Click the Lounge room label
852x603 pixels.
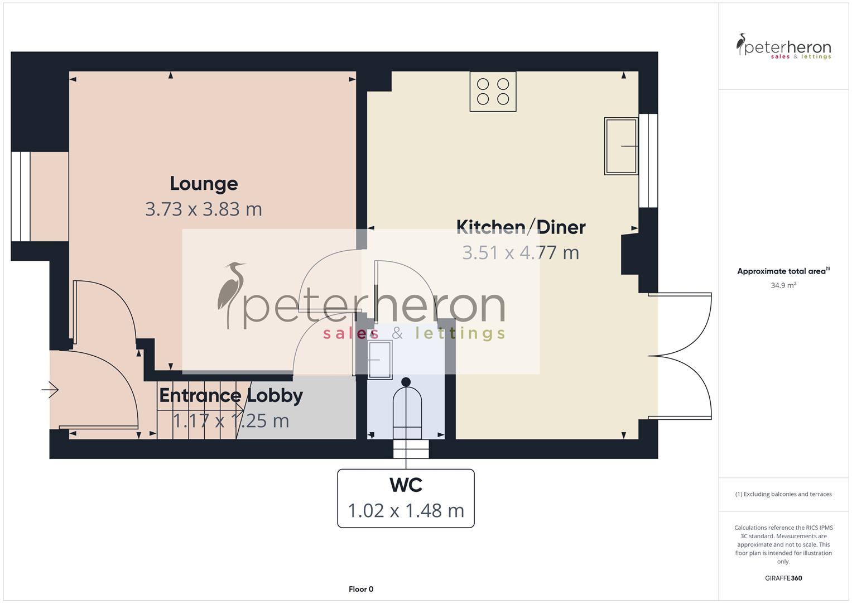tap(204, 183)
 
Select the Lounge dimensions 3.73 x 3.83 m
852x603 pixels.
tap(204, 209)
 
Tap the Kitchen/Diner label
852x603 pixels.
tap(521, 227)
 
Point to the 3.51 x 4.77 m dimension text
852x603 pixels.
tap(521, 252)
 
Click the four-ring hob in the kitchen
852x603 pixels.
tap(493, 92)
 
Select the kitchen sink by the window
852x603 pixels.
tap(620, 146)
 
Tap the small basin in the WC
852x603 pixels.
tap(379, 360)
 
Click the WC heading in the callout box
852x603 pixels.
tap(406, 485)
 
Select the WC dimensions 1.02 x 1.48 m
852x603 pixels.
tap(406, 510)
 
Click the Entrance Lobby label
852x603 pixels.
tap(231, 395)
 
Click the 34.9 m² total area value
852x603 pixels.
tap(783, 285)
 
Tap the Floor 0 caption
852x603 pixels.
tap(361, 589)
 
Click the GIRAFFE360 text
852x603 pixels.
tap(783, 578)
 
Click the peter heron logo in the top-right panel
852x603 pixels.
tap(783, 47)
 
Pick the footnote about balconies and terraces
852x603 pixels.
tap(783, 494)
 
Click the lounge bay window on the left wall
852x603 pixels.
tap(21, 197)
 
